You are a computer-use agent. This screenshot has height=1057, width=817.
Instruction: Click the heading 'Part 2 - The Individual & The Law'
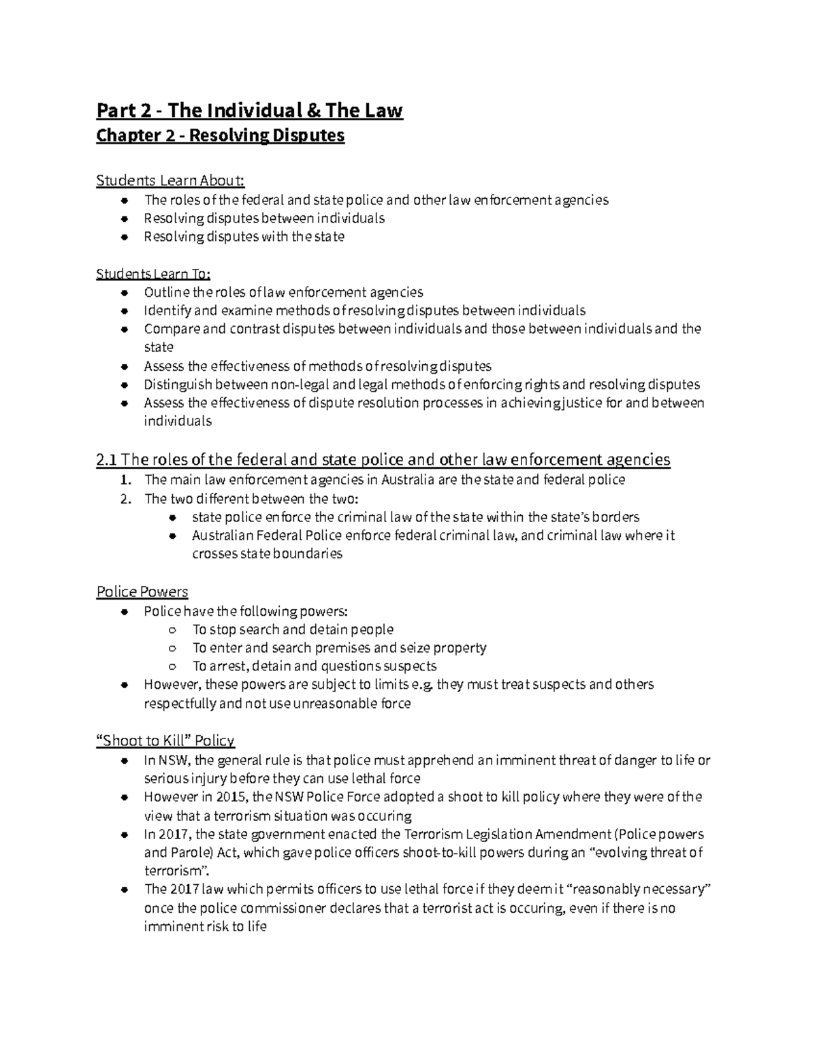tap(249, 110)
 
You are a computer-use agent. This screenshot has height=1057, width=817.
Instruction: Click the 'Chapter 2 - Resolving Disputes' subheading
tap(221, 136)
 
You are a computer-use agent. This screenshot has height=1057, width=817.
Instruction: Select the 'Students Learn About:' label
tap(170, 180)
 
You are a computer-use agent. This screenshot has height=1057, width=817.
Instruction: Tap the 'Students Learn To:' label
tap(153, 274)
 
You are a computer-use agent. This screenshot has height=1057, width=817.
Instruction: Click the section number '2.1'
tap(107, 459)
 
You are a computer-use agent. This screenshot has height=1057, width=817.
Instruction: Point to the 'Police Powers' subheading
tap(142, 591)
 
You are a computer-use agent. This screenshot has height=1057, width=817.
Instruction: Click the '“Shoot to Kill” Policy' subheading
tap(165, 741)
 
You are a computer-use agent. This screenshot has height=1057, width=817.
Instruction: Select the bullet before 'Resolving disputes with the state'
tap(124, 238)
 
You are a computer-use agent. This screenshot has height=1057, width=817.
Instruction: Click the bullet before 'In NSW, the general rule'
tap(124, 761)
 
